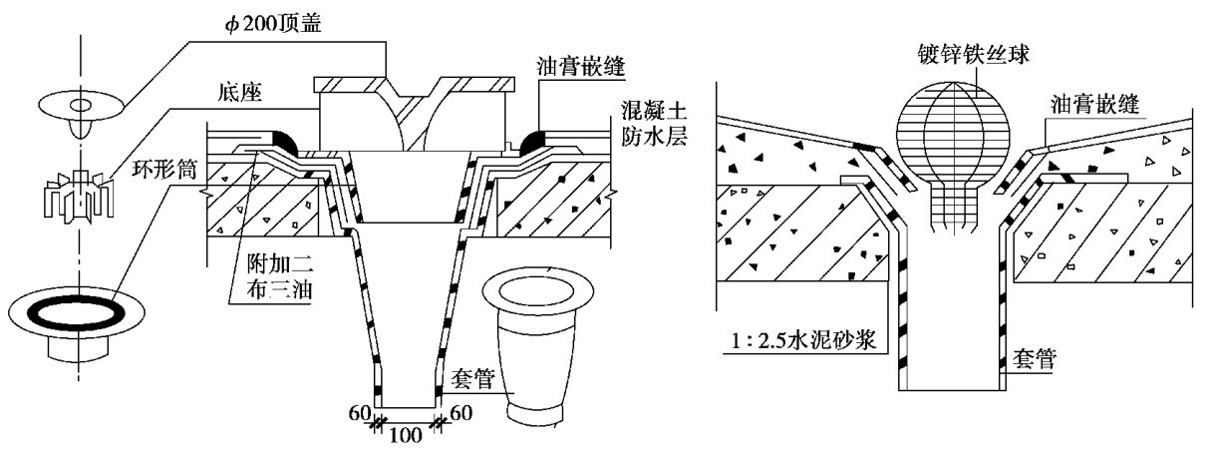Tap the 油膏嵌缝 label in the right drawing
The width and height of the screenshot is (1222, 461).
(x=1097, y=104)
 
